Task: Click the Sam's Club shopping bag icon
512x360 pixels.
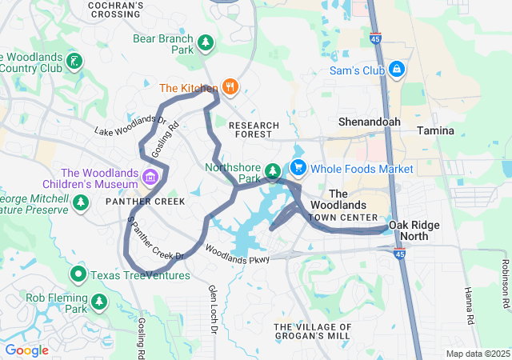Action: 396,70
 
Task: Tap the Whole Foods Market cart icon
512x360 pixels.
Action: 298,168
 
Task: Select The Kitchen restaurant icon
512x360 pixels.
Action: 230,87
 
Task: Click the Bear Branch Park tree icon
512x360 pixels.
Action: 206,43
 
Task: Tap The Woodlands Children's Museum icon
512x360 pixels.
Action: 150,177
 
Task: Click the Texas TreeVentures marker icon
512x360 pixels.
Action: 78,276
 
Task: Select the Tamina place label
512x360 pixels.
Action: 435,130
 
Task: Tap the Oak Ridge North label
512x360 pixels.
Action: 414,230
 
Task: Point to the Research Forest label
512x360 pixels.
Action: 254,130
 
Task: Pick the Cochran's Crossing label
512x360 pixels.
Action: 117,10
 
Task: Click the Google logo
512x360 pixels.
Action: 26,350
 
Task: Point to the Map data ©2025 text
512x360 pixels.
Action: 477,354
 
